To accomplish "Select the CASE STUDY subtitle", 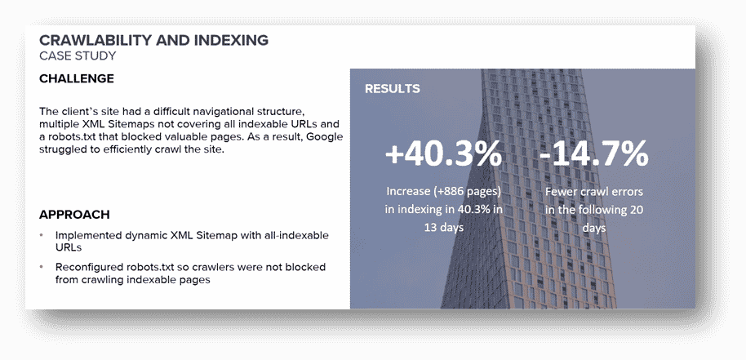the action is [78, 56].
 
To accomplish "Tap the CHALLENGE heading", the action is [77, 79].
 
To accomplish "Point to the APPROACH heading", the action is [74, 215].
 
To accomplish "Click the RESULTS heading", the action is [393, 89].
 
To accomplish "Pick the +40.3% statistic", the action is [443, 154].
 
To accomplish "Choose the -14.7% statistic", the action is [593, 154].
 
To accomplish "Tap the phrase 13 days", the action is [443, 227].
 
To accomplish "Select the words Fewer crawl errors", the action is [593, 192].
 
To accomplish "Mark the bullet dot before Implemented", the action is [42, 235].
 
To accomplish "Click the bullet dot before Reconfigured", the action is [42, 267].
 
